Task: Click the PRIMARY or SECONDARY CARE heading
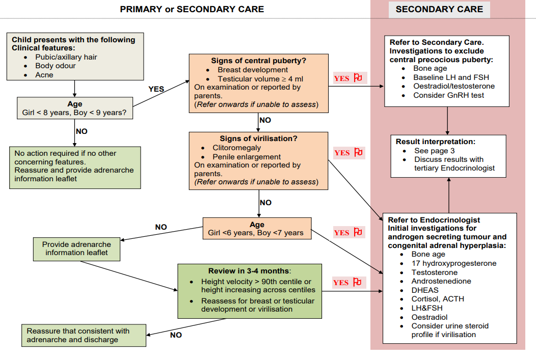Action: (192, 9)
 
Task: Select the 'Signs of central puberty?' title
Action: (258, 61)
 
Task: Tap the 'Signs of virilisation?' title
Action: (258, 139)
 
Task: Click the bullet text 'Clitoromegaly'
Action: (236, 148)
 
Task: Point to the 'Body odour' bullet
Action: (56, 66)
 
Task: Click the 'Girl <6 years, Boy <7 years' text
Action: (256, 233)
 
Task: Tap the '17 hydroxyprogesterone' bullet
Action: (453, 263)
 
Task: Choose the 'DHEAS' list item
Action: (425, 290)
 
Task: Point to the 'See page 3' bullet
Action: (434, 151)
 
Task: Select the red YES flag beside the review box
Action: (348, 283)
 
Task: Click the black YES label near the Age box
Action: (156, 89)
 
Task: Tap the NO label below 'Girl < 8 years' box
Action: (82, 131)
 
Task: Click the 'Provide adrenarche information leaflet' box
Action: (76, 248)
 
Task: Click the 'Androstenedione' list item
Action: (441, 281)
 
